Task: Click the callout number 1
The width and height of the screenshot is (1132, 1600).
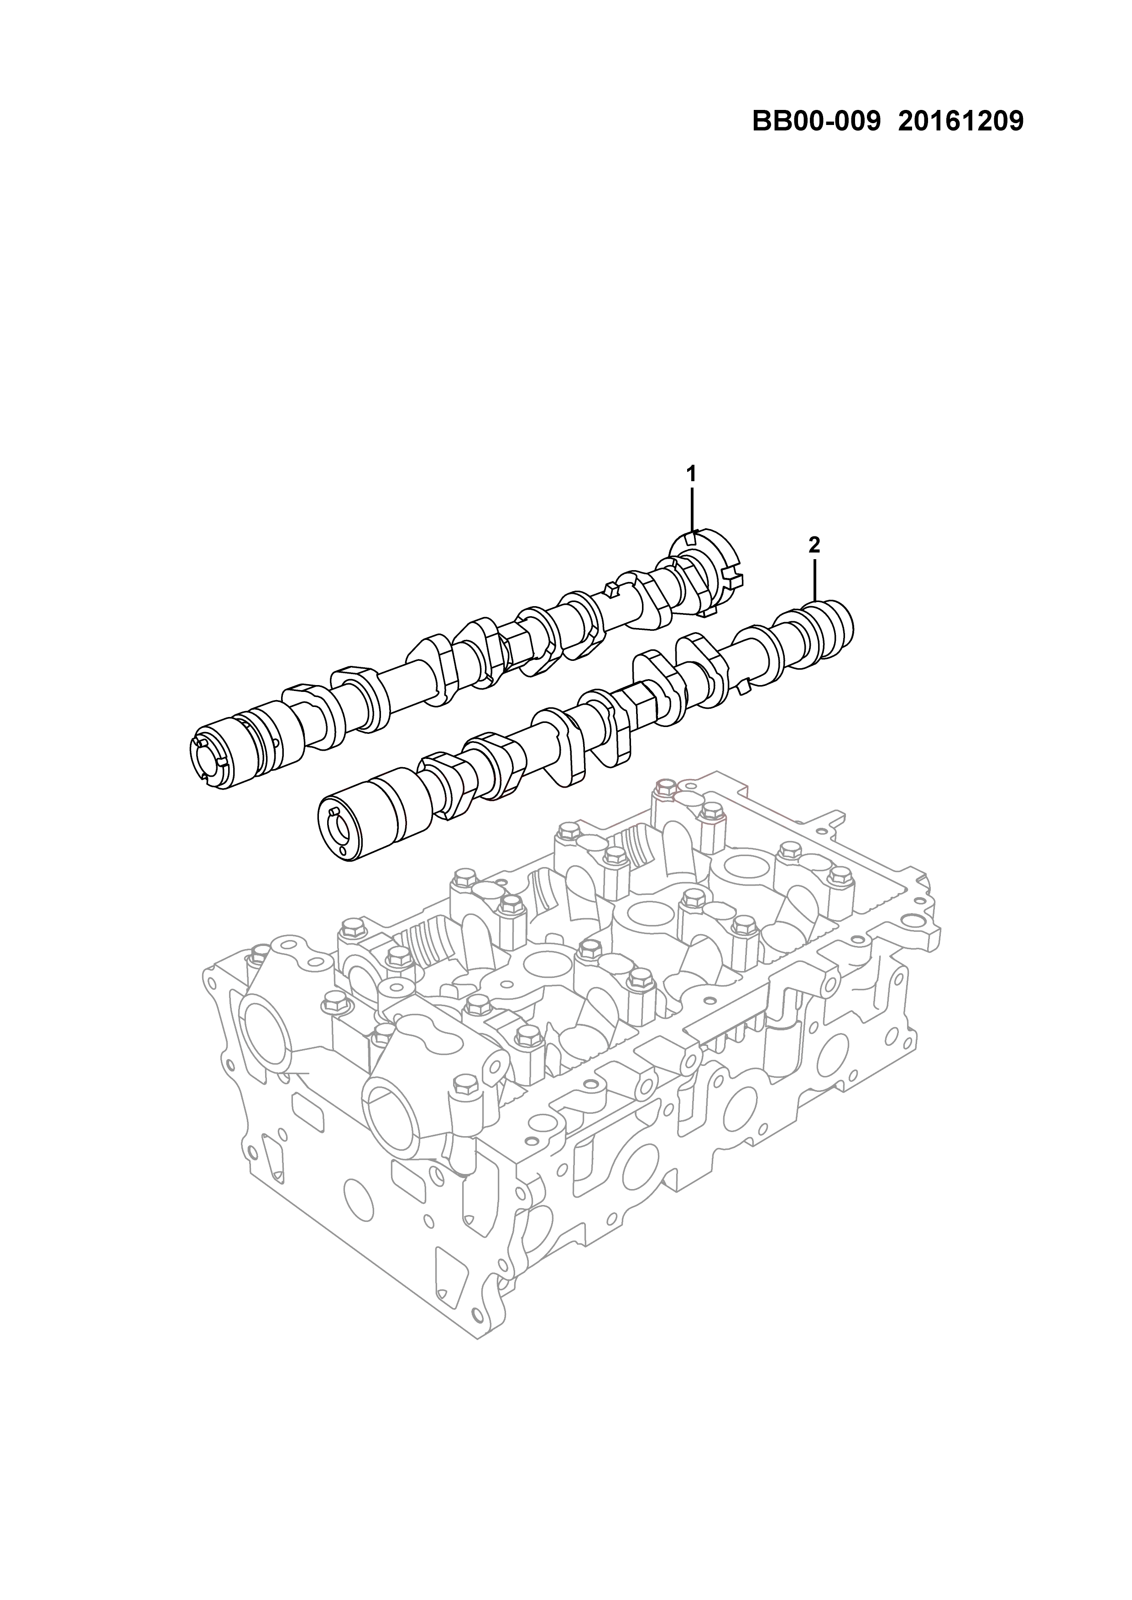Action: (691, 474)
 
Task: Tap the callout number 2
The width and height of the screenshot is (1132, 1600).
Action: (814, 545)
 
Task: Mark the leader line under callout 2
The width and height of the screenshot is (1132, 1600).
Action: (814, 580)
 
